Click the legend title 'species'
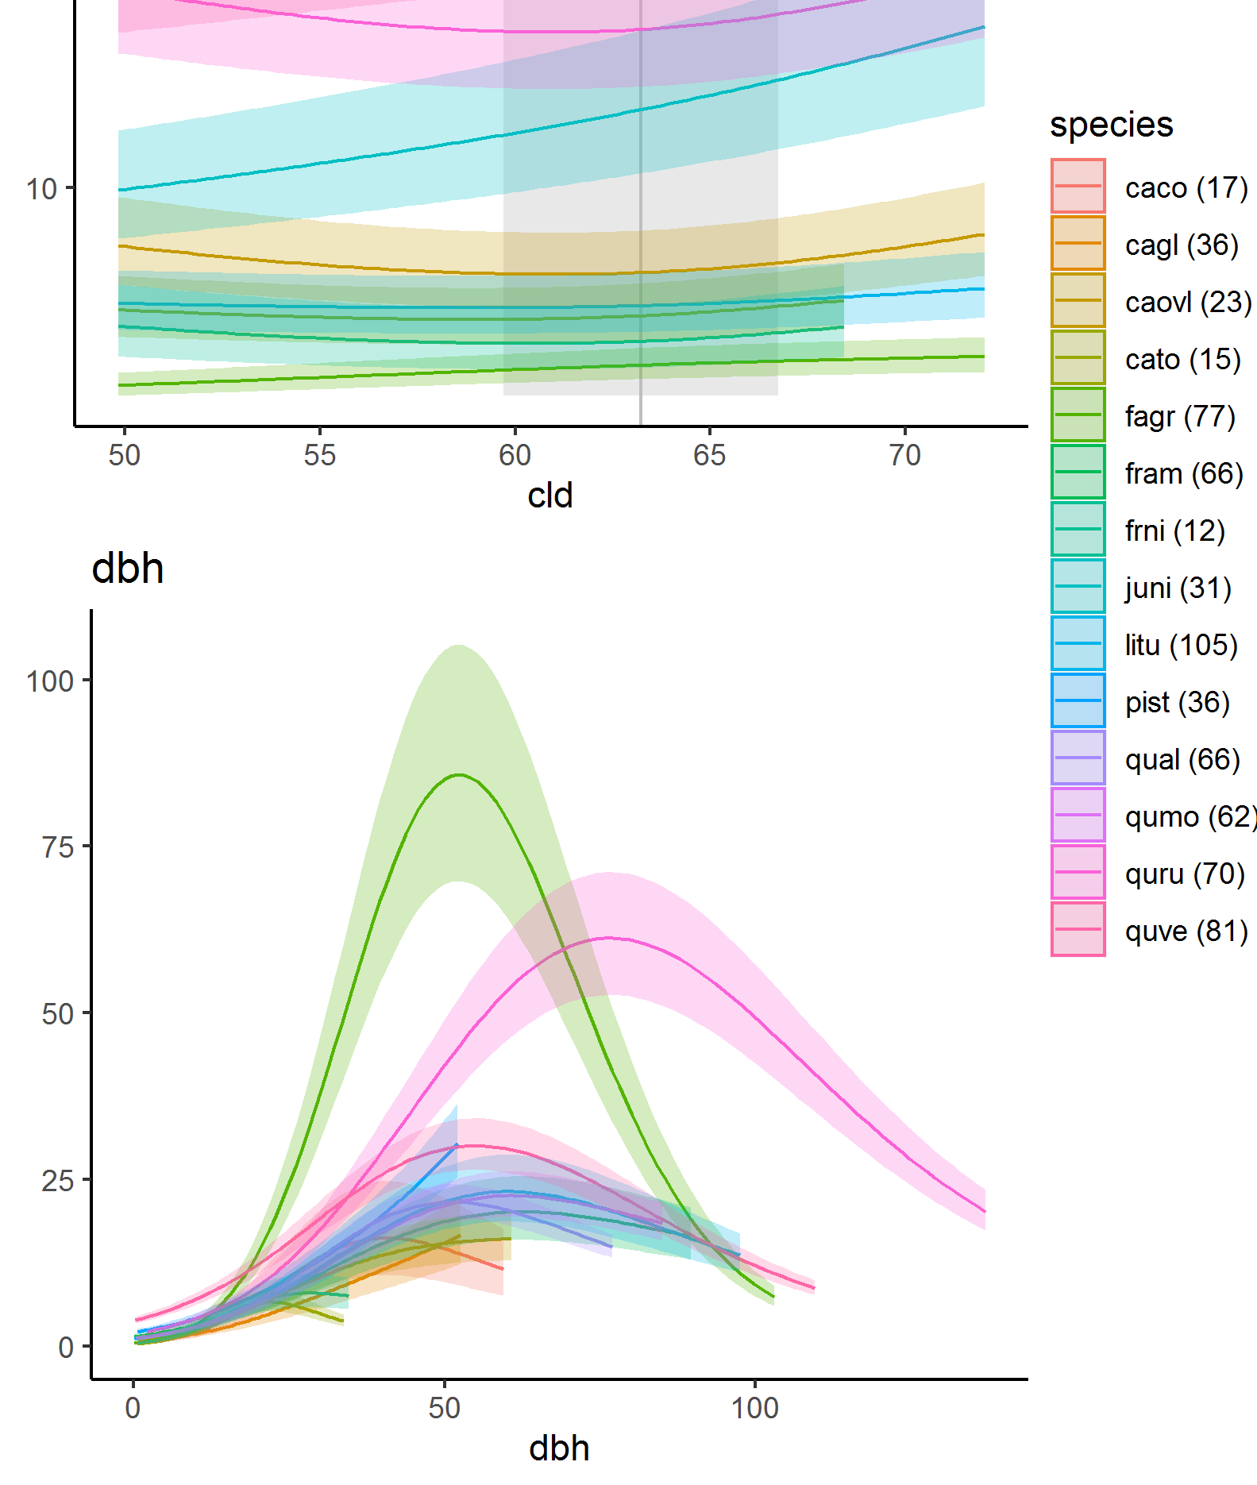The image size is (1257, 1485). click(x=1111, y=125)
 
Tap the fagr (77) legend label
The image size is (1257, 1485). click(x=1180, y=416)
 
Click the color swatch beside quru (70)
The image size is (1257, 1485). click(x=1078, y=872)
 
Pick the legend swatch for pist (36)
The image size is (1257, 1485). click(x=1078, y=700)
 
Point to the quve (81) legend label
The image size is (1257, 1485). click(x=1186, y=931)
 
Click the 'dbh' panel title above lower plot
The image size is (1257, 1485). click(x=128, y=569)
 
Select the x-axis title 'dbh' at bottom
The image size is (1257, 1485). click(x=559, y=1448)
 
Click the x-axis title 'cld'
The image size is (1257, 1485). click(x=549, y=496)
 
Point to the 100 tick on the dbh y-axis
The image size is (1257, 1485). click(x=50, y=681)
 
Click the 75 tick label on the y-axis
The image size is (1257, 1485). click(x=58, y=847)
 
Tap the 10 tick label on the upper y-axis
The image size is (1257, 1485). click(x=41, y=189)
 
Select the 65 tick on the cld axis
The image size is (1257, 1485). click(x=709, y=455)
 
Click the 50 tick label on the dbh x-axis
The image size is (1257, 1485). click(x=444, y=1408)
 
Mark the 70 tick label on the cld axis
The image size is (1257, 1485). click(x=904, y=455)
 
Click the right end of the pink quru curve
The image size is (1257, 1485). click(x=985, y=1212)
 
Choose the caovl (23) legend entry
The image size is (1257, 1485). click(x=1188, y=303)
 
